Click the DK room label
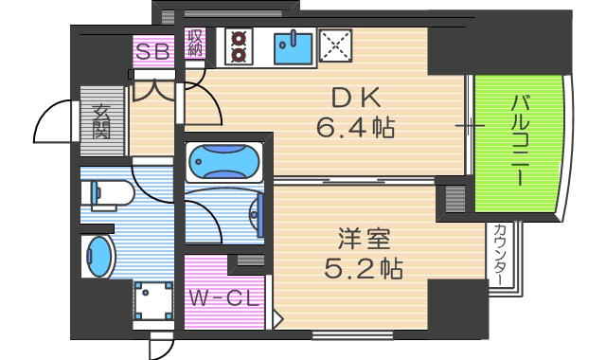[x=356, y=98]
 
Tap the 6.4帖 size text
[x=356, y=125]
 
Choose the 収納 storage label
[x=196, y=44]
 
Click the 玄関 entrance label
[x=101, y=120]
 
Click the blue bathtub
[x=224, y=162]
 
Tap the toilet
[x=109, y=196]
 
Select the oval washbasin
[x=98, y=256]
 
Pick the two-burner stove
[x=238, y=45]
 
